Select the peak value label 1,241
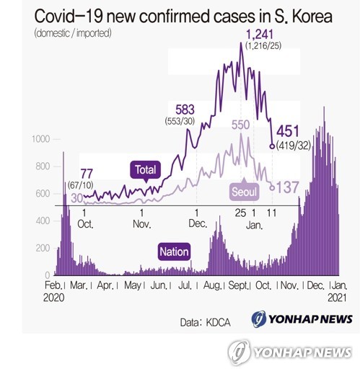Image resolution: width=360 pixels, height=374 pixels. pyautogui.click(x=260, y=33)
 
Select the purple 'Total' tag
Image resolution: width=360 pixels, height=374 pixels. pyautogui.click(x=146, y=170)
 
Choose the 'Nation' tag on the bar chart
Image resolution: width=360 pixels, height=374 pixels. pyautogui.click(x=175, y=251)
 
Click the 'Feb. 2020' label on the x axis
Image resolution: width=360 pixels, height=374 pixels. pyautogui.click(x=55, y=291)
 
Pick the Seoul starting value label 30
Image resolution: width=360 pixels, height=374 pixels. pyautogui.click(x=75, y=197)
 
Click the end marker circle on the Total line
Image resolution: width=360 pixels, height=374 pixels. pyautogui.click(x=271, y=146)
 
